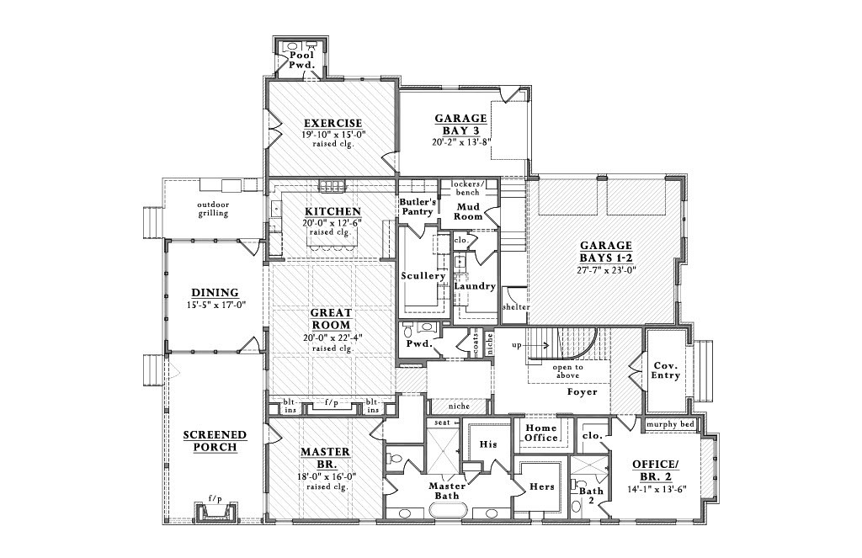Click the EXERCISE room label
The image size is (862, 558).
(333, 123)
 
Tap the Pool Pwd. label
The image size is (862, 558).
(301, 59)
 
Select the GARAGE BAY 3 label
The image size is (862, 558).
(460, 125)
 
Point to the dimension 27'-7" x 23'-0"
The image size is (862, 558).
(606, 271)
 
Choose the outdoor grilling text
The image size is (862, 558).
(213, 209)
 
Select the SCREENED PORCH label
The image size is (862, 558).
(215, 440)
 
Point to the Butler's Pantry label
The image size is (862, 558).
(418, 207)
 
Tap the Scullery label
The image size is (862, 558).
(423, 276)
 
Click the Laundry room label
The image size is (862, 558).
(475, 286)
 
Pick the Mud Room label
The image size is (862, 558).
(469, 211)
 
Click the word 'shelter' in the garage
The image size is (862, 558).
(515, 307)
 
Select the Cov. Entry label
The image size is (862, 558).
(667, 371)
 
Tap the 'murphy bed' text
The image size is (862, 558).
(670, 424)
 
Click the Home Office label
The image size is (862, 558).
(541, 433)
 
